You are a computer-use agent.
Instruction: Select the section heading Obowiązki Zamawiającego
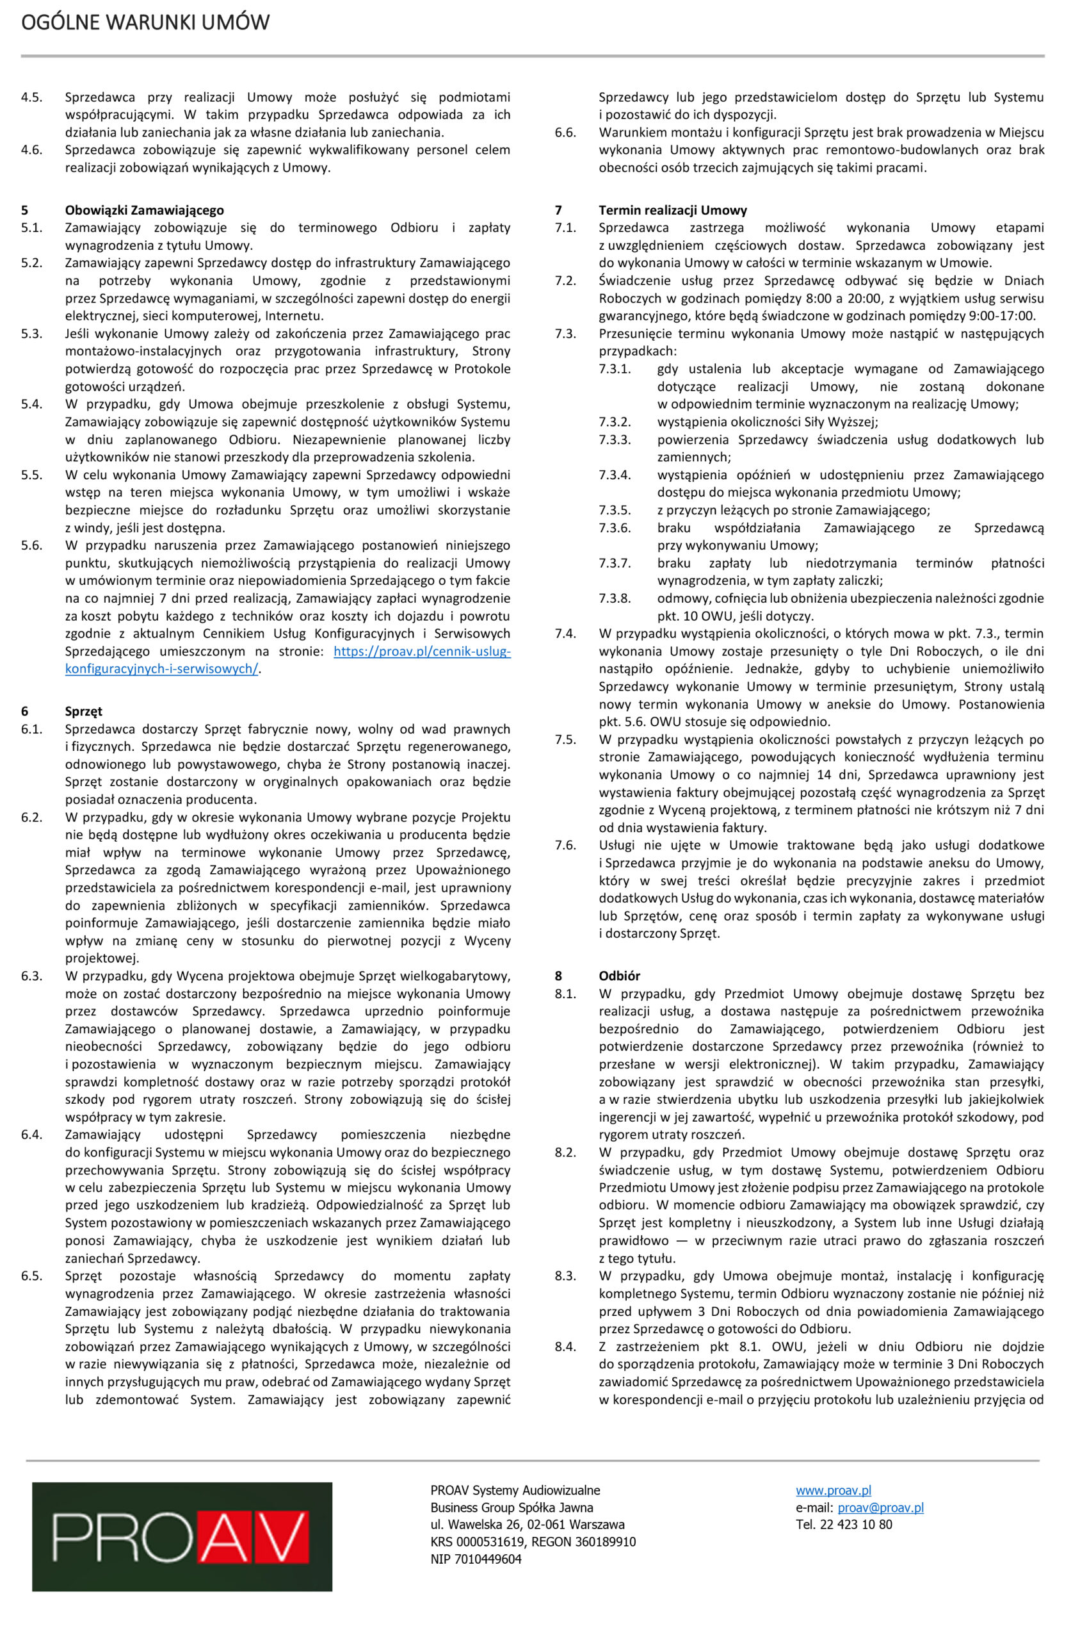(144, 210)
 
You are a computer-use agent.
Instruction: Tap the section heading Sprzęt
(83, 711)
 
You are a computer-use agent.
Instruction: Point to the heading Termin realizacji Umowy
(672, 210)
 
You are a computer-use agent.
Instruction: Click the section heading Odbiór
(619, 976)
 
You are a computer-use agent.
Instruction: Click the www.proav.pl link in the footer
(834, 1491)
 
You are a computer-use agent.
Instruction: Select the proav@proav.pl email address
(880, 1507)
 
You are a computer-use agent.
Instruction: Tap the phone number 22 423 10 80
(856, 1524)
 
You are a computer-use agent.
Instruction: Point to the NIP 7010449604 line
(476, 1559)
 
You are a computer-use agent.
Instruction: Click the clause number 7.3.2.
(615, 422)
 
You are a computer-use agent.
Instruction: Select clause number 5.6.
(31, 545)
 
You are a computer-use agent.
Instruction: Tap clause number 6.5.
(31, 1275)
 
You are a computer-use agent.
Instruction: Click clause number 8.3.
(565, 1275)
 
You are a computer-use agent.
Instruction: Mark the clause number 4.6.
(31, 149)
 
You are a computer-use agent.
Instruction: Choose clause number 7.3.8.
(615, 598)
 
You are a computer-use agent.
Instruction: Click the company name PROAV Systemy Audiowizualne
(515, 1491)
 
